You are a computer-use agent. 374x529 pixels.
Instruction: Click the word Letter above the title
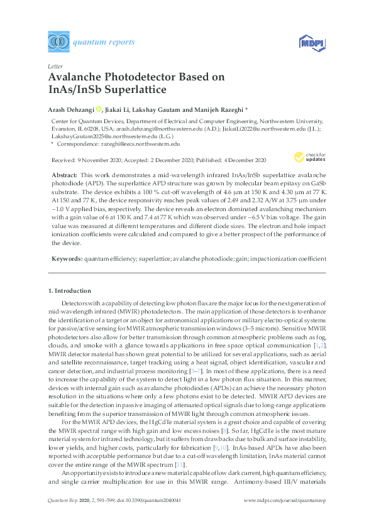pos(55,66)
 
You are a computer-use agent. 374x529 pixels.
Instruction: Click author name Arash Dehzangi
pos(71,108)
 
